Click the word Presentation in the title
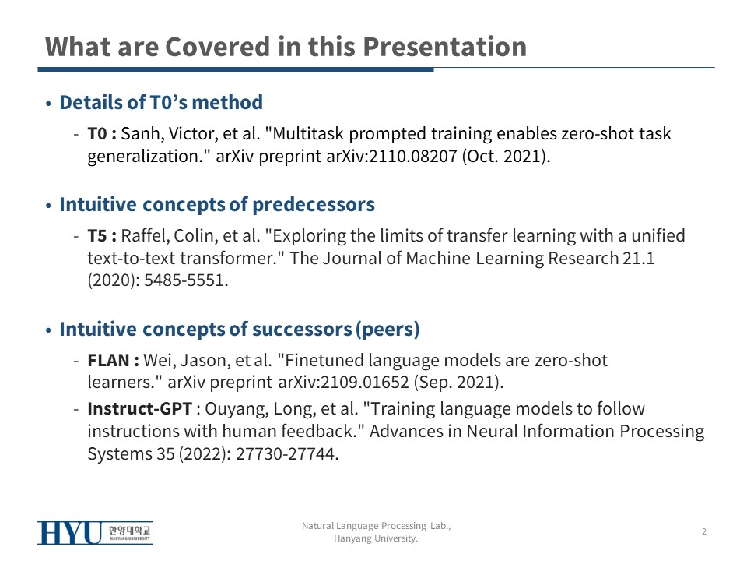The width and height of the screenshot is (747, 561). (444, 48)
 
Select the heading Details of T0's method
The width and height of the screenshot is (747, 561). (161, 102)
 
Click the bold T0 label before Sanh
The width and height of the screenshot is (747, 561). (97, 133)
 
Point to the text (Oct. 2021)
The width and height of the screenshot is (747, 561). (506, 156)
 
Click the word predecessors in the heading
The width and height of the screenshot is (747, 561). (314, 205)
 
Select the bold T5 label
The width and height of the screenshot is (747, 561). (97, 235)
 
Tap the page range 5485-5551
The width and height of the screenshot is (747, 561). (186, 280)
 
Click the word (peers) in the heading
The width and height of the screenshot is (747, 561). (388, 329)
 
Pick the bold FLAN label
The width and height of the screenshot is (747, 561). (109, 360)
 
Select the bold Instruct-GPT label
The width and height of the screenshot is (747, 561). (139, 409)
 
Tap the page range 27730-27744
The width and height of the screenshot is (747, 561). (287, 453)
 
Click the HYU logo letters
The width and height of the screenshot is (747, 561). (70, 533)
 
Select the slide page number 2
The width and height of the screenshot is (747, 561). (704, 531)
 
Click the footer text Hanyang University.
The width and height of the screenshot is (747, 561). (375, 538)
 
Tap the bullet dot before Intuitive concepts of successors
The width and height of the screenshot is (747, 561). (48, 330)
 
